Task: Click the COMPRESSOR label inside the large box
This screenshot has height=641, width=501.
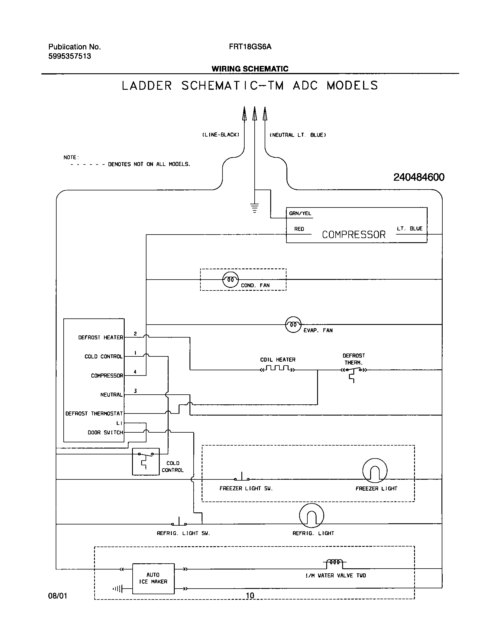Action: [x=354, y=235]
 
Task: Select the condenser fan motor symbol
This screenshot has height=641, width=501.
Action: [x=230, y=279]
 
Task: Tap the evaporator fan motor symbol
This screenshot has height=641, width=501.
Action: [x=293, y=325]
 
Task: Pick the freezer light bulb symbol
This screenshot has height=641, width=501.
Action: [x=375, y=470]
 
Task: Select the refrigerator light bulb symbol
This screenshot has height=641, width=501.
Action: [x=312, y=516]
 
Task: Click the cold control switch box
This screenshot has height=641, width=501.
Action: [x=146, y=461]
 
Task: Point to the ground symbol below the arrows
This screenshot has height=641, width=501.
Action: [x=255, y=207]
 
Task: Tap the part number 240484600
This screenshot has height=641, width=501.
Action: [x=419, y=177]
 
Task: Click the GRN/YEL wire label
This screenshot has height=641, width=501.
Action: [x=300, y=213]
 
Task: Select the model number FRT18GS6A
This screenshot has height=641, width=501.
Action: [x=250, y=47]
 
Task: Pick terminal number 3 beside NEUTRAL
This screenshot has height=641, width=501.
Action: [x=135, y=391]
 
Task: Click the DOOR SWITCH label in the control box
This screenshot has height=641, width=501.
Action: [x=105, y=433]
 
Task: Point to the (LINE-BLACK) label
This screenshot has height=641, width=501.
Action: [x=221, y=135]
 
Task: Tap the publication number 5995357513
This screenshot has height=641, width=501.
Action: [x=70, y=56]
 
